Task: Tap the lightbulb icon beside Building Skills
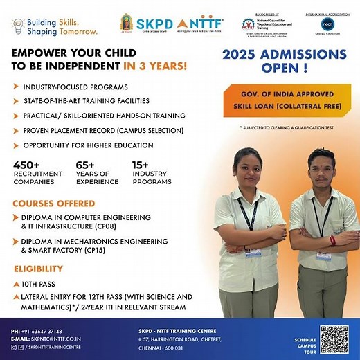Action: pyautogui.click(x=17, y=26)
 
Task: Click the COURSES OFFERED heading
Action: pyautogui.click(x=53, y=204)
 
